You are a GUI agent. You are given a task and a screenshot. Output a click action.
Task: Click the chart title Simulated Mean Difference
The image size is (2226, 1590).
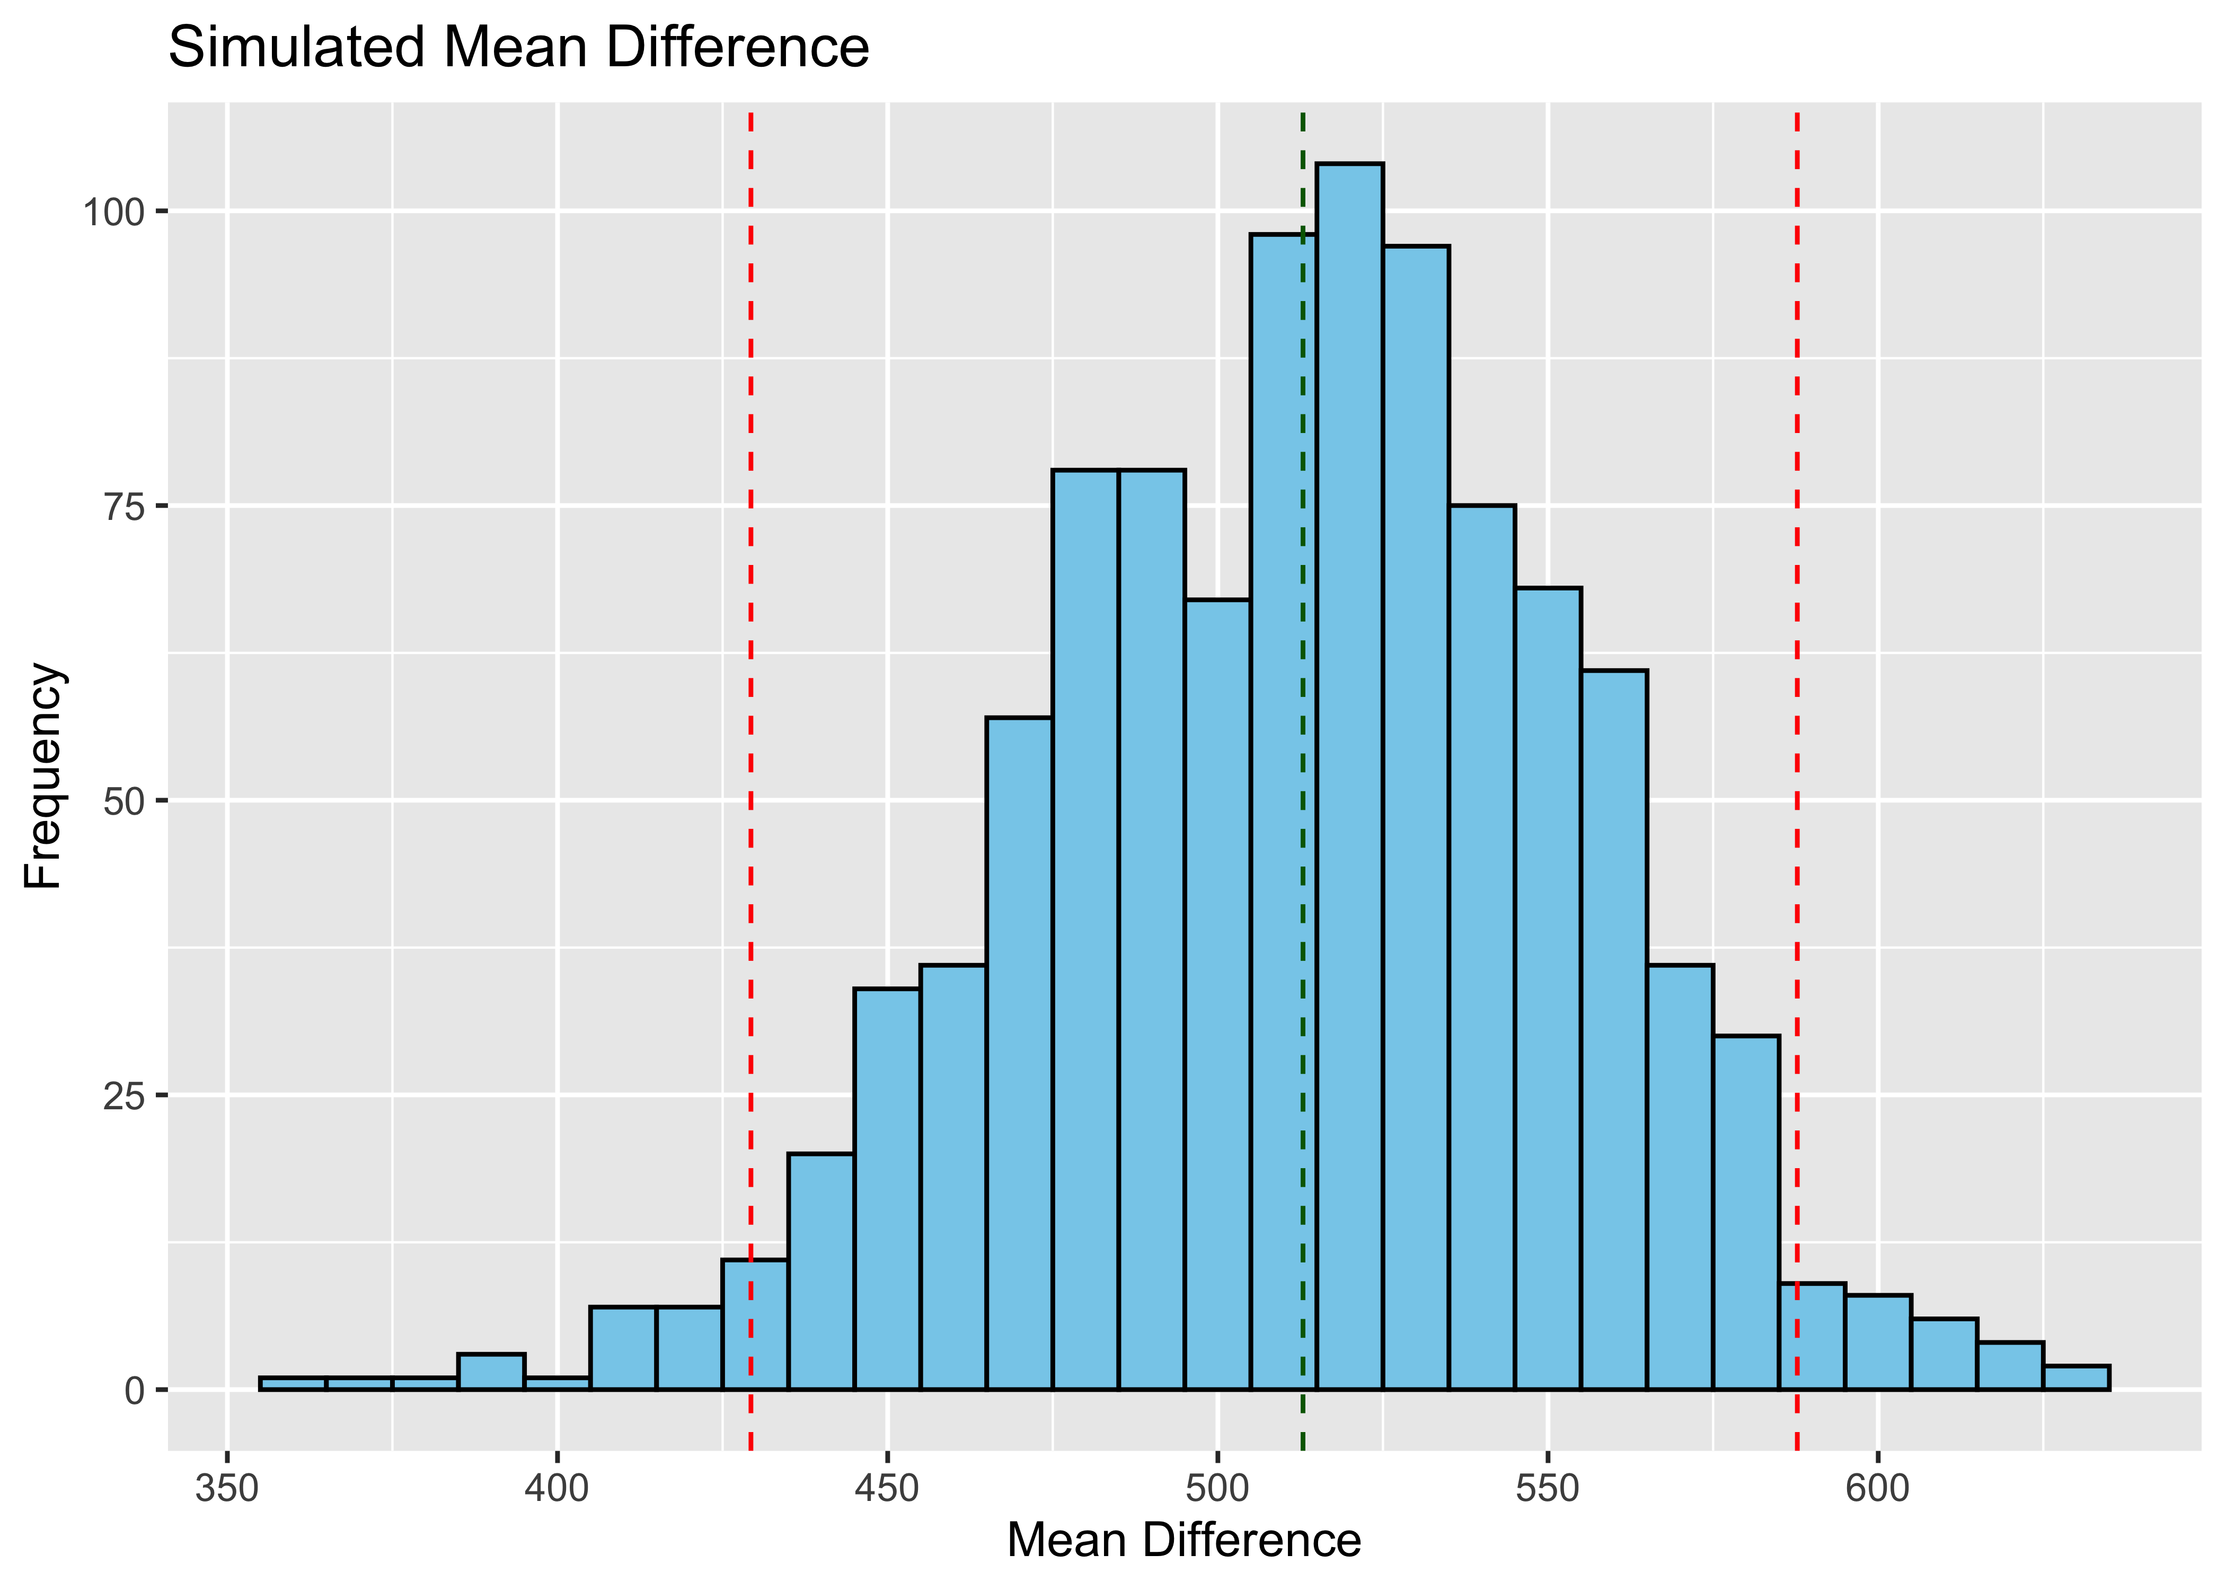(519, 47)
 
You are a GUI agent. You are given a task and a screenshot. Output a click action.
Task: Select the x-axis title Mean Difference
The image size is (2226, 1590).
(1183, 1540)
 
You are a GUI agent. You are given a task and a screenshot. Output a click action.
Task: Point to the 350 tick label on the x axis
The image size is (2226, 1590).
(227, 1489)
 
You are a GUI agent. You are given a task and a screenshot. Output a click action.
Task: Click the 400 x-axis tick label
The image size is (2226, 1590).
(557, 1489)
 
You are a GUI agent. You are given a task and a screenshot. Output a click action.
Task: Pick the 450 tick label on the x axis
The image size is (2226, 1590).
(887, 1489)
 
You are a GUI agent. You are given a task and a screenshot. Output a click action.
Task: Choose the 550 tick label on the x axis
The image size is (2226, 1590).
(1548, 1489)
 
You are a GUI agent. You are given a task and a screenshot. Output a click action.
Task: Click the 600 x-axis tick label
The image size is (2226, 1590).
(1877, 1489)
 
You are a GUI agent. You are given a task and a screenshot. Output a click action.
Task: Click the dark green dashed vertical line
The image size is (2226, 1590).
(1303, 685)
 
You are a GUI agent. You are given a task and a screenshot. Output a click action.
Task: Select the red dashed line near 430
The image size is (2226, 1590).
(751, 685)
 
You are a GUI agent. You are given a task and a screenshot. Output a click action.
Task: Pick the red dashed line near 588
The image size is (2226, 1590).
(1797, 685)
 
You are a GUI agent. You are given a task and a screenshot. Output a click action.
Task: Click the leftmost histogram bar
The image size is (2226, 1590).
(293, 1383)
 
